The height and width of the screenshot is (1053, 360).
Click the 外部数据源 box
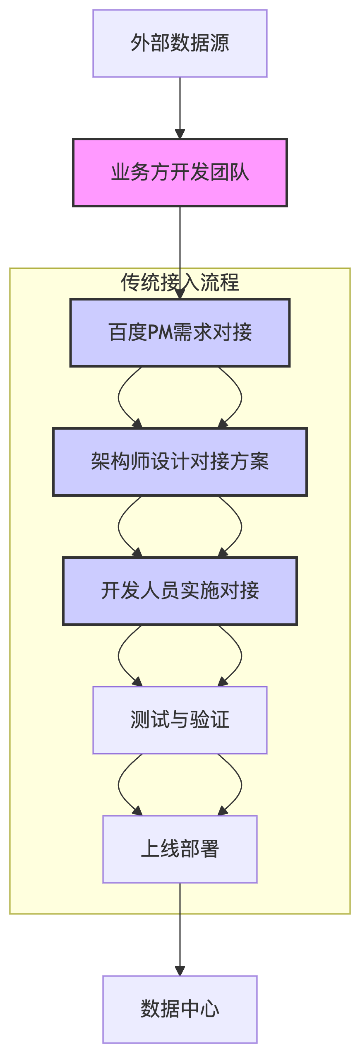[180, 43]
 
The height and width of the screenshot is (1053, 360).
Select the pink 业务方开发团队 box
[180, 173]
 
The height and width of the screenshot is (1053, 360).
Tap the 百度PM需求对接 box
[180, 332]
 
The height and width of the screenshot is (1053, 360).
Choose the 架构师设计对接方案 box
[180, 462]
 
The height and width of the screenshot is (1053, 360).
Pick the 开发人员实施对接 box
[180, 591]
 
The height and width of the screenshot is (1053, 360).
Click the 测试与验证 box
[180, 720]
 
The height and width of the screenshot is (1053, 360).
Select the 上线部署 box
[180, 849]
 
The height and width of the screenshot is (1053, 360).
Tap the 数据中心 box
[180, 1009]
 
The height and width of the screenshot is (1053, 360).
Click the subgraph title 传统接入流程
[180, 282]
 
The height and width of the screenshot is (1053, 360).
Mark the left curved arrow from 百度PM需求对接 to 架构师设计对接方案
[119, 397]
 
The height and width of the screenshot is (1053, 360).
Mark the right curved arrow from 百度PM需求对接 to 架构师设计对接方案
[241, 397]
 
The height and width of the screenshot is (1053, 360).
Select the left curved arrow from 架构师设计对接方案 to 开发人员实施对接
[119, 526]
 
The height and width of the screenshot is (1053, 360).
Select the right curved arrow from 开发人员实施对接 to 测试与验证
[241, 656]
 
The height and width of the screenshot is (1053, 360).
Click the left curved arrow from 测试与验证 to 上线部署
[119, 785]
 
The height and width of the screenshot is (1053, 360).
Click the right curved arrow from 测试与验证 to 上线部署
[241, 785]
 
